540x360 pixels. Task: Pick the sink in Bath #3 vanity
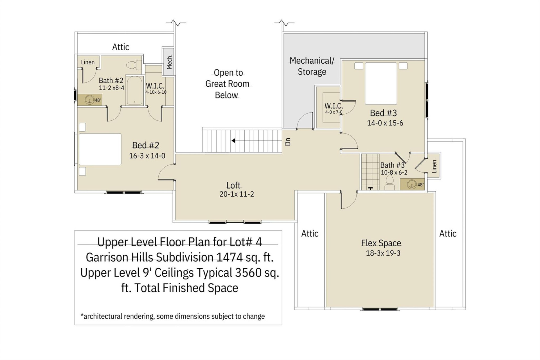(x=411, y=184)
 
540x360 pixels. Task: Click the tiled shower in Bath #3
(x=370, y=172)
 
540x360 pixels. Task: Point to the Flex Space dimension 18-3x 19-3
(x=383, y=253)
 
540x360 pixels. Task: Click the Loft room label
(x=233, y=185)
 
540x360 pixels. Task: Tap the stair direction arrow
(x=233, y=141)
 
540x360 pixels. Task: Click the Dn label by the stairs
(x=287, y=141)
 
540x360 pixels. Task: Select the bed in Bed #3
(x=381, y=84)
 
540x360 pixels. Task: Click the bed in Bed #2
(x=100, y=149)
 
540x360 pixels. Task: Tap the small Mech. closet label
(x=169, y=62)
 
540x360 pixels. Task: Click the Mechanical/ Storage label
(x=312, y=66)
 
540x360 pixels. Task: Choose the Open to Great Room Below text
(x=227, y=84)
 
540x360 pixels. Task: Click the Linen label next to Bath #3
(x=434, y=166)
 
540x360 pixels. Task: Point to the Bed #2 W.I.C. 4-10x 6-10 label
(x=156, y=89)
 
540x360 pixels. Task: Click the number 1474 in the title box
(x=229, y=257)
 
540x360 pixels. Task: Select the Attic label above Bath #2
(x=121, y=47)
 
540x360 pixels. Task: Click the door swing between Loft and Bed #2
(x=166, y=172)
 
